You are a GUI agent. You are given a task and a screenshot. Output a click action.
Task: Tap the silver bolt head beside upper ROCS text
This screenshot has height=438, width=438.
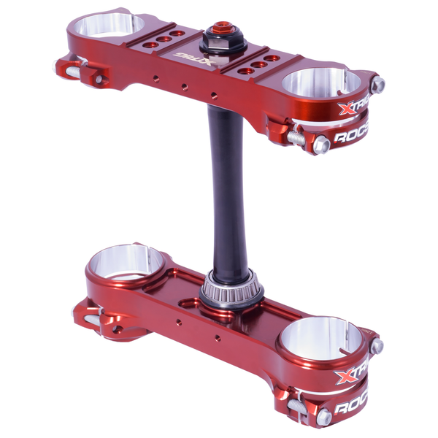click(322, 144)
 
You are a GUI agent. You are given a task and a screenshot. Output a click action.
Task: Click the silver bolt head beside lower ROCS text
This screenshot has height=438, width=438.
click(323, 417)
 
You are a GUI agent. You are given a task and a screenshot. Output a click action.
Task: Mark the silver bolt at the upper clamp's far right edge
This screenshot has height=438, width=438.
click(377, 85)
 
